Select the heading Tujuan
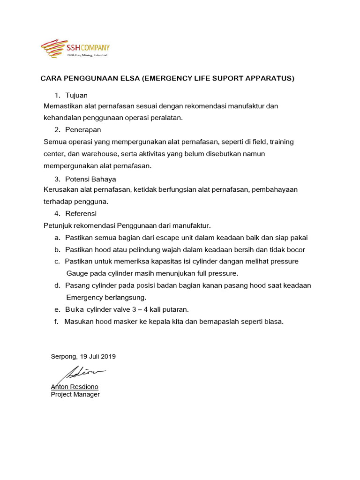76,95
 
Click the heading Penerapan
83,129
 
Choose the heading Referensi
81,213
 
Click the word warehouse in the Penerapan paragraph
88,154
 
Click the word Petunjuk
57,225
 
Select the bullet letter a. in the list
57,238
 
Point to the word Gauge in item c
76,273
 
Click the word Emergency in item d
83,297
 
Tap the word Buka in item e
74,309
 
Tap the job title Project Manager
75,394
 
